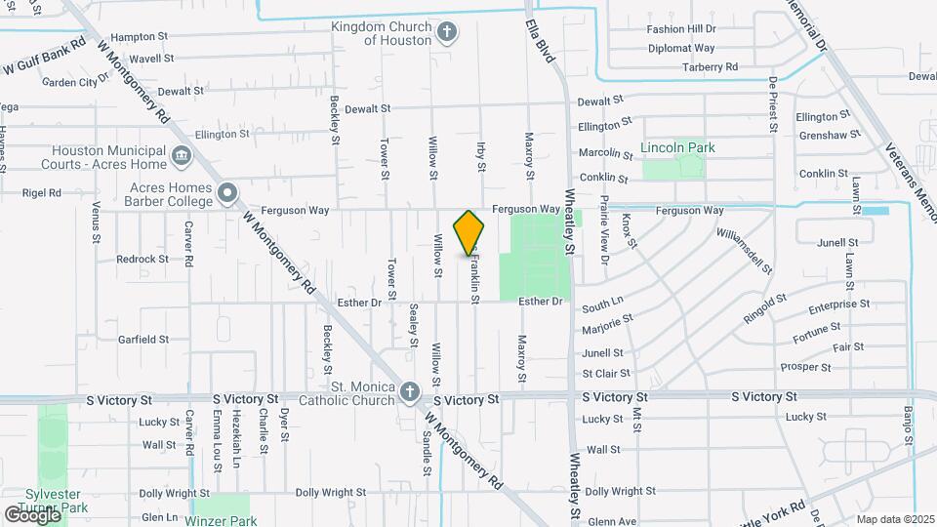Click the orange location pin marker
[x=469, y=232]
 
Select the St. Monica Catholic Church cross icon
[x=410, y=392]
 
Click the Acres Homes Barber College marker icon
[x=228, y=192]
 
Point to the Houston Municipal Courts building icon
[x=181, y=156]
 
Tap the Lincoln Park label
[x=677, y=148]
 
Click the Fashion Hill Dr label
[x=681, y=29]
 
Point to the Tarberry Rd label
[x=710, y=66]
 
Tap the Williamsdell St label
[x=744, y=252]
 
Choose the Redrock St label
[x=143, y=260]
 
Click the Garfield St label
[x=143, y=340]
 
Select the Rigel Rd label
[x=41, y=193]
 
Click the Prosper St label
[x=805, y=367]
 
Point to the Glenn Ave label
[x=612, y=522]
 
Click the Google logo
[x=33, y=514]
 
